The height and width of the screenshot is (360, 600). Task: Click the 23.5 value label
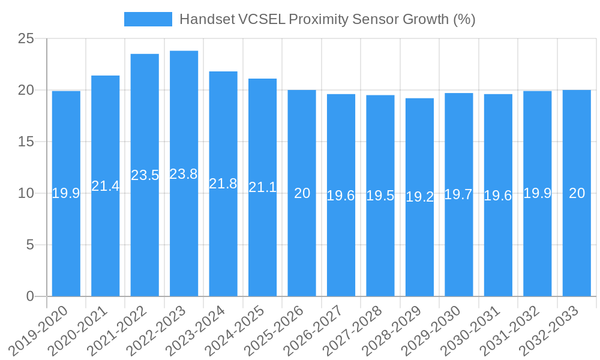(145, 175)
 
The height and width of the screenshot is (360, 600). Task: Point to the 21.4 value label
(106, 186)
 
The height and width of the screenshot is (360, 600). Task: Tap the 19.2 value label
(419, 197)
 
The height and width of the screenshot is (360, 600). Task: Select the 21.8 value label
(223, 184)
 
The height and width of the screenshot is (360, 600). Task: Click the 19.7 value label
(458, 194)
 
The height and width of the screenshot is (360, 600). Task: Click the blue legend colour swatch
(148, 19)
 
